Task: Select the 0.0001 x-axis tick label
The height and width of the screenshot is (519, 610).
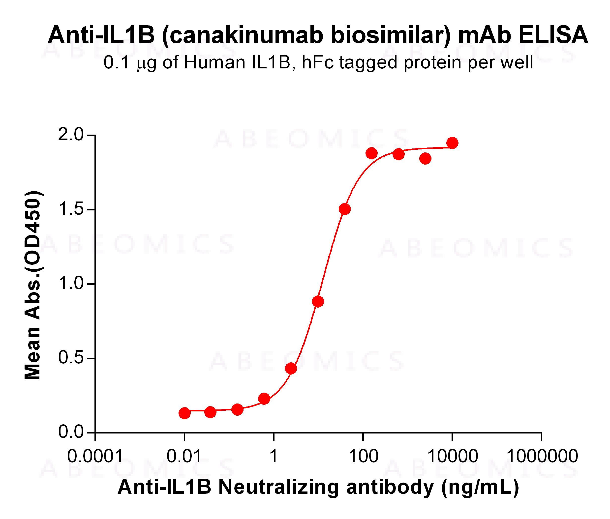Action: [95, 456]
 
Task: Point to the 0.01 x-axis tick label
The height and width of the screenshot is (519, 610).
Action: [184, 456]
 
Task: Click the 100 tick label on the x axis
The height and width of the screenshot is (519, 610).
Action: [363, 456]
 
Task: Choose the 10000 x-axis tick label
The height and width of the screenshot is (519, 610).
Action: [453, 456]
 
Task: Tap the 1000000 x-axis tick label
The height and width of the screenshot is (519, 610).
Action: [542, 456]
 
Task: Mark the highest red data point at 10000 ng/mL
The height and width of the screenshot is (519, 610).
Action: [452, 143]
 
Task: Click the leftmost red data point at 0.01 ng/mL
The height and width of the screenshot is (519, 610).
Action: [184, 413]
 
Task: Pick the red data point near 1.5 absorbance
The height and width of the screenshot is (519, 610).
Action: [345, 209]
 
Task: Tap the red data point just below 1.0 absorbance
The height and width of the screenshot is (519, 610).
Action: [318, 301]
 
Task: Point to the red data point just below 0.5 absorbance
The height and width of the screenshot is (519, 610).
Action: [291, 368]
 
